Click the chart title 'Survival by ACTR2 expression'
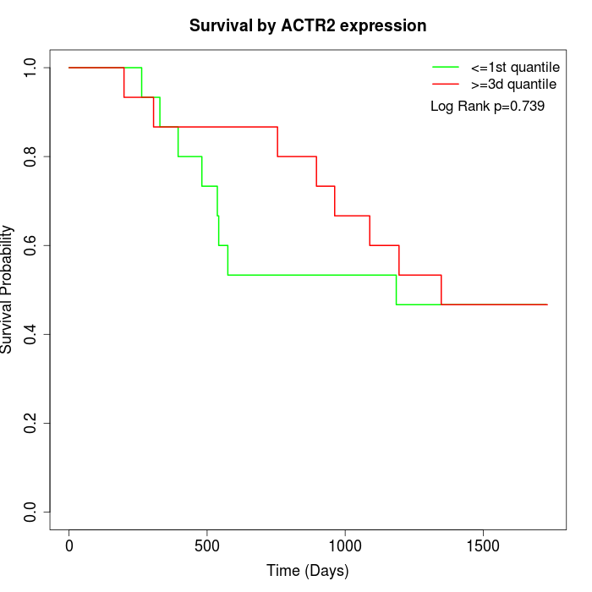point(308,25)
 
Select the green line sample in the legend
point(445,66)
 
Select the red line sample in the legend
point(445,85)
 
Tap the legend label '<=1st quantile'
point(513,66)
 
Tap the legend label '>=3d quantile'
point(513,85)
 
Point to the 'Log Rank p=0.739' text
point(487,107)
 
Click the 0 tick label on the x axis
point(69,544)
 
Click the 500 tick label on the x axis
point(207,544)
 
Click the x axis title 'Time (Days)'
point(308,571)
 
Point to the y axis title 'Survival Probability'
point(8,289)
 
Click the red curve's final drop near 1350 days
point(441,289)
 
